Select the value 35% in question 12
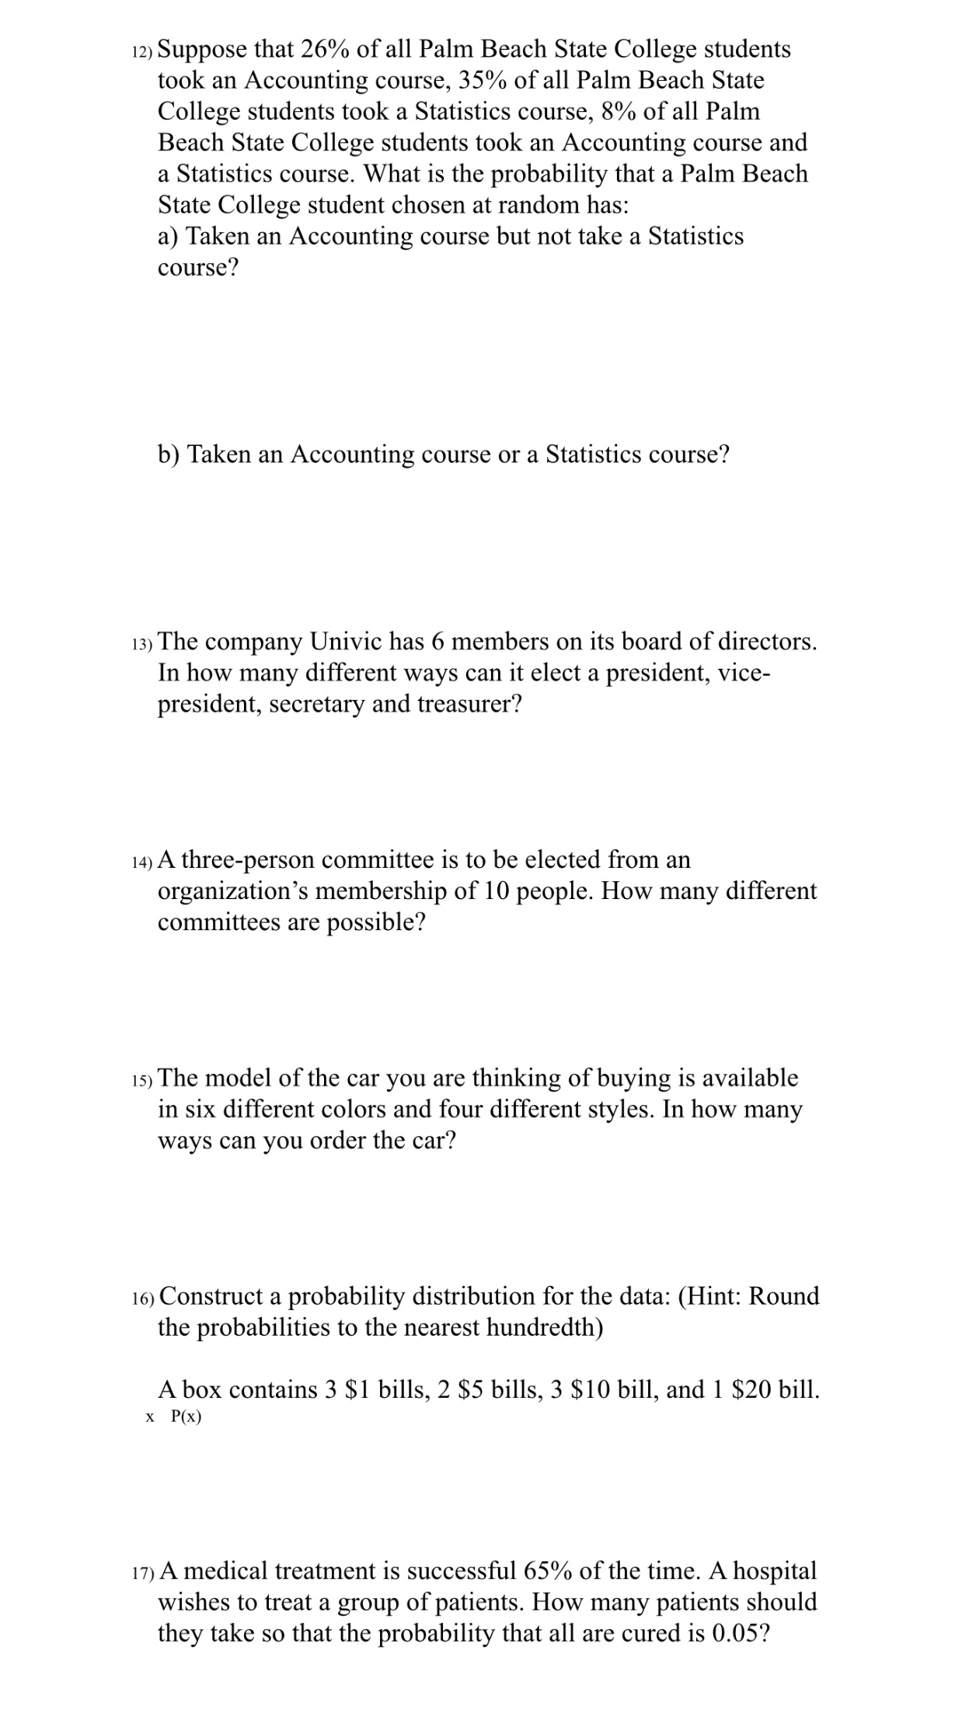[482, 80]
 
